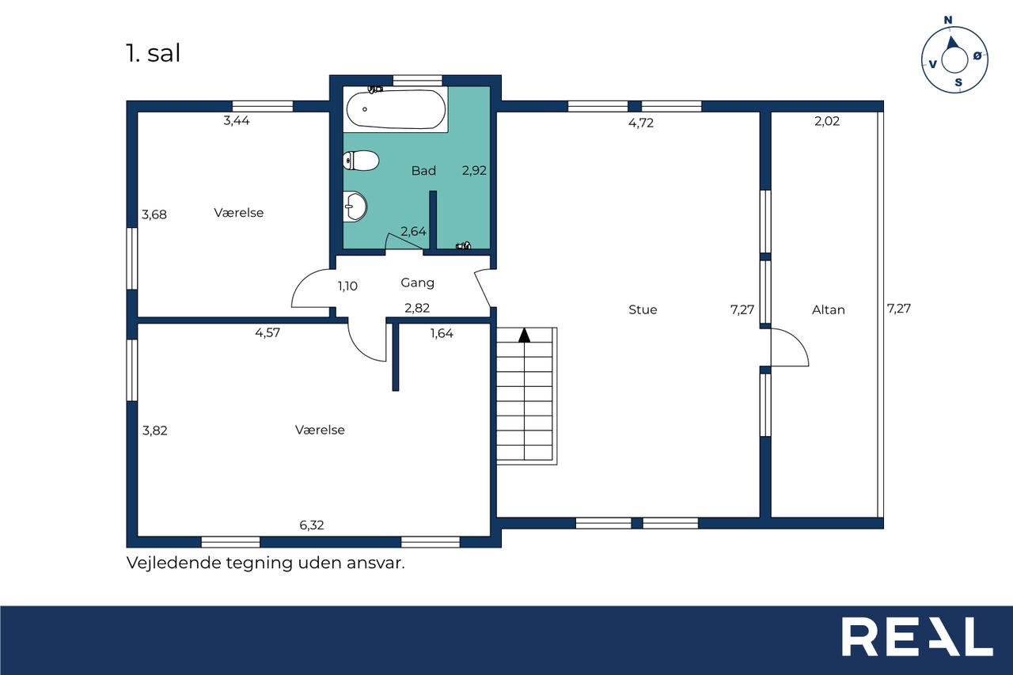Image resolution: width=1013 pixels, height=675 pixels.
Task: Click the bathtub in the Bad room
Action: (x=396, y=109)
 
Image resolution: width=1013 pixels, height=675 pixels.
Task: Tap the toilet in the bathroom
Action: (x=360, y=161)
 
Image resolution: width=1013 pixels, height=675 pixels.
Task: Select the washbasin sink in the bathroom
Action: (x=355, y=207)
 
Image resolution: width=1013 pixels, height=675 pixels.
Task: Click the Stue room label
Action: (x=643, y=309)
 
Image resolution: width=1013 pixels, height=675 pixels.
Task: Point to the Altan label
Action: (x=829, y=309)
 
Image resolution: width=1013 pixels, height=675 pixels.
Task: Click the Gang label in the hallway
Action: (x=417, y=283)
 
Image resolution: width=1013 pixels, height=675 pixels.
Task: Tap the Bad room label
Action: (x=423, y=170)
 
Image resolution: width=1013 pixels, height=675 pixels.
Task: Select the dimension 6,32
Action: (x=312, y=525)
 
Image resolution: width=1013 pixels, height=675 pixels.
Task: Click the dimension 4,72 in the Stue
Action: (x=641, y=123)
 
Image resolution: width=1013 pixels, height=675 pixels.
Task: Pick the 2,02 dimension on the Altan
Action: (x=827, y=121)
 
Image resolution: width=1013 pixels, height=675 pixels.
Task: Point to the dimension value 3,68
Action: (x=154, y=214)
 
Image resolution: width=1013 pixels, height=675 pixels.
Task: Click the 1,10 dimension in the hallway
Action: (x=347, y=286)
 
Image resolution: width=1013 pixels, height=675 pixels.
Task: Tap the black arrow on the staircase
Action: (x=524, y=335)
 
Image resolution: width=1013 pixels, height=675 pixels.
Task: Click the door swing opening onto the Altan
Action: (x=799, y=341)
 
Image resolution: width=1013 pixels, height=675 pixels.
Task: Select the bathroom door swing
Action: (x=407, y=241)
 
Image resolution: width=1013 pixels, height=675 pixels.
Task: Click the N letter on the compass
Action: (x=948, y=20)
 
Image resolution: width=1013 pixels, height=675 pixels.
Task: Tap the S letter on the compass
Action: (x=958, y=82)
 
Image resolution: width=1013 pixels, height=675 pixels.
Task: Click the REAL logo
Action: (x=916, y=636)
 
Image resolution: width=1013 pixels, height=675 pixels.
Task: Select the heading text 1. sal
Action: (x=153, y=53)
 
